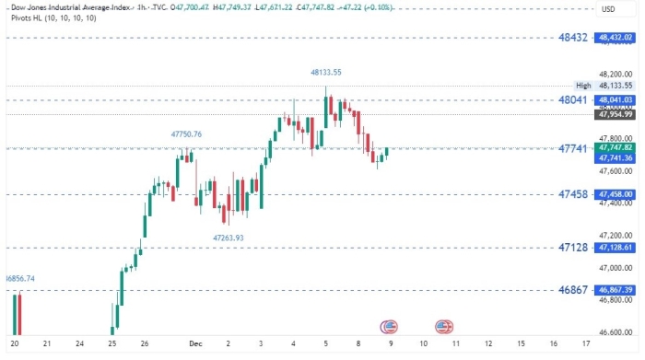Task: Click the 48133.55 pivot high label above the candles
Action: (x=326, y=72)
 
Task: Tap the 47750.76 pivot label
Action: (x=186, y=134)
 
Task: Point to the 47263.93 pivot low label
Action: (x=229, y=238)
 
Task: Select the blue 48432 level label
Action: (x=573, y=38)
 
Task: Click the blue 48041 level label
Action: (x=573, y=99)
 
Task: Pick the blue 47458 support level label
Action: (x=573, y=194)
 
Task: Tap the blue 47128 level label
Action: (x=573, y=248)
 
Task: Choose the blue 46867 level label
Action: (x=573, y=289)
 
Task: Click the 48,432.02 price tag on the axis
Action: (x=615, y=38)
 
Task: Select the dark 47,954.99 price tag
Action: (x=615, y=114)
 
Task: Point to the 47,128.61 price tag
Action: (x=615, y=248)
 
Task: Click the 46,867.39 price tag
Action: (x=615, y=289)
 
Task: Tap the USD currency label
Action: (x=607, y=9)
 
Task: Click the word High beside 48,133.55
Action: (x=583, y=85)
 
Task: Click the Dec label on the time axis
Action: (x=195, y=343)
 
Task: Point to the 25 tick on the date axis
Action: (x=112, y=343)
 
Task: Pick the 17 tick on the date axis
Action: (x=586, y=343)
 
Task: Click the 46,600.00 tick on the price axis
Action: (x=615, y=332)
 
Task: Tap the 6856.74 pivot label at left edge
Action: (x=19, y=278)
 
